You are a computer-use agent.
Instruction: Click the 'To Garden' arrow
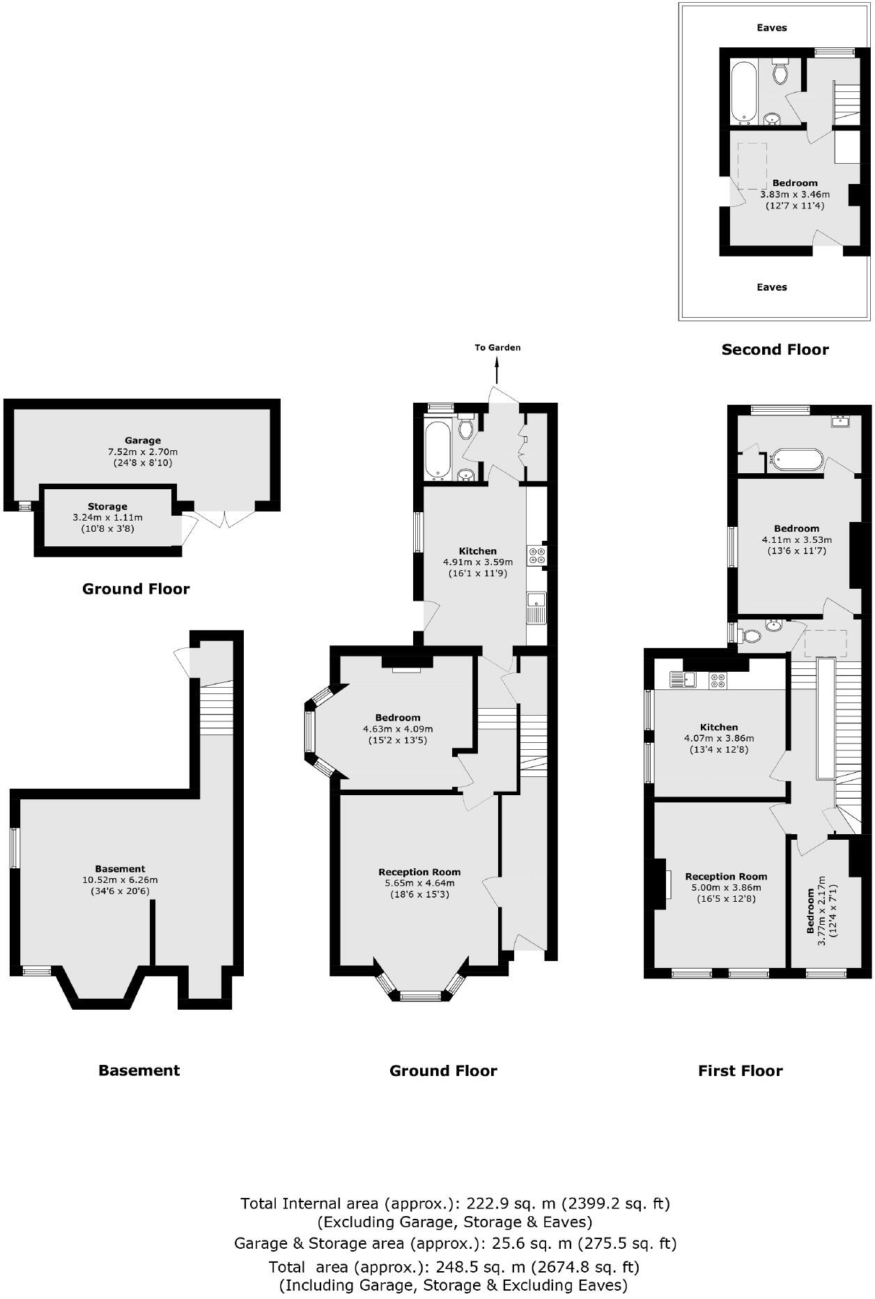click(497, 369)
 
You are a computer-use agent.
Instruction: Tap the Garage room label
click(143, 440)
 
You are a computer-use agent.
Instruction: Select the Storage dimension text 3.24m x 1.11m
click(107, 518)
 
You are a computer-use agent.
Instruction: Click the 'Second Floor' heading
click(775, 350)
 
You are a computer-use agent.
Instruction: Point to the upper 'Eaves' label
click(771, 28)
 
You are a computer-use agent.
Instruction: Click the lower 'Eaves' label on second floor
click(771, 287)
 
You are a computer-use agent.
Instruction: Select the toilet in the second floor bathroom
click(780, 72)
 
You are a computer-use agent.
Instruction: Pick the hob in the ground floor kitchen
click(537, 555)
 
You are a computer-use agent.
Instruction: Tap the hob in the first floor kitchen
click(718, 680)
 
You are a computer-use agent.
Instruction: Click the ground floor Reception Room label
click(419, 872)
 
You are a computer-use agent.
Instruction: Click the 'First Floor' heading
click(740, 1071)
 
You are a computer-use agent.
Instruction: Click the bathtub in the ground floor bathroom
click(437, 449)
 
